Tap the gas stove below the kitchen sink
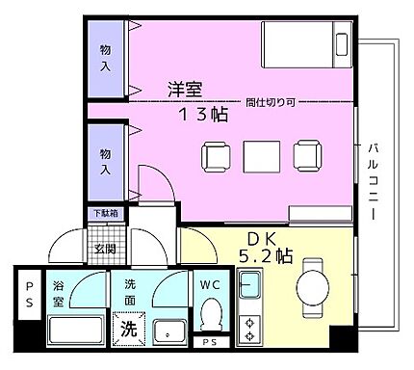tap(252, 327)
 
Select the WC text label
tap(212, 285)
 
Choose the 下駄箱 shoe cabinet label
tap(105, 213)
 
